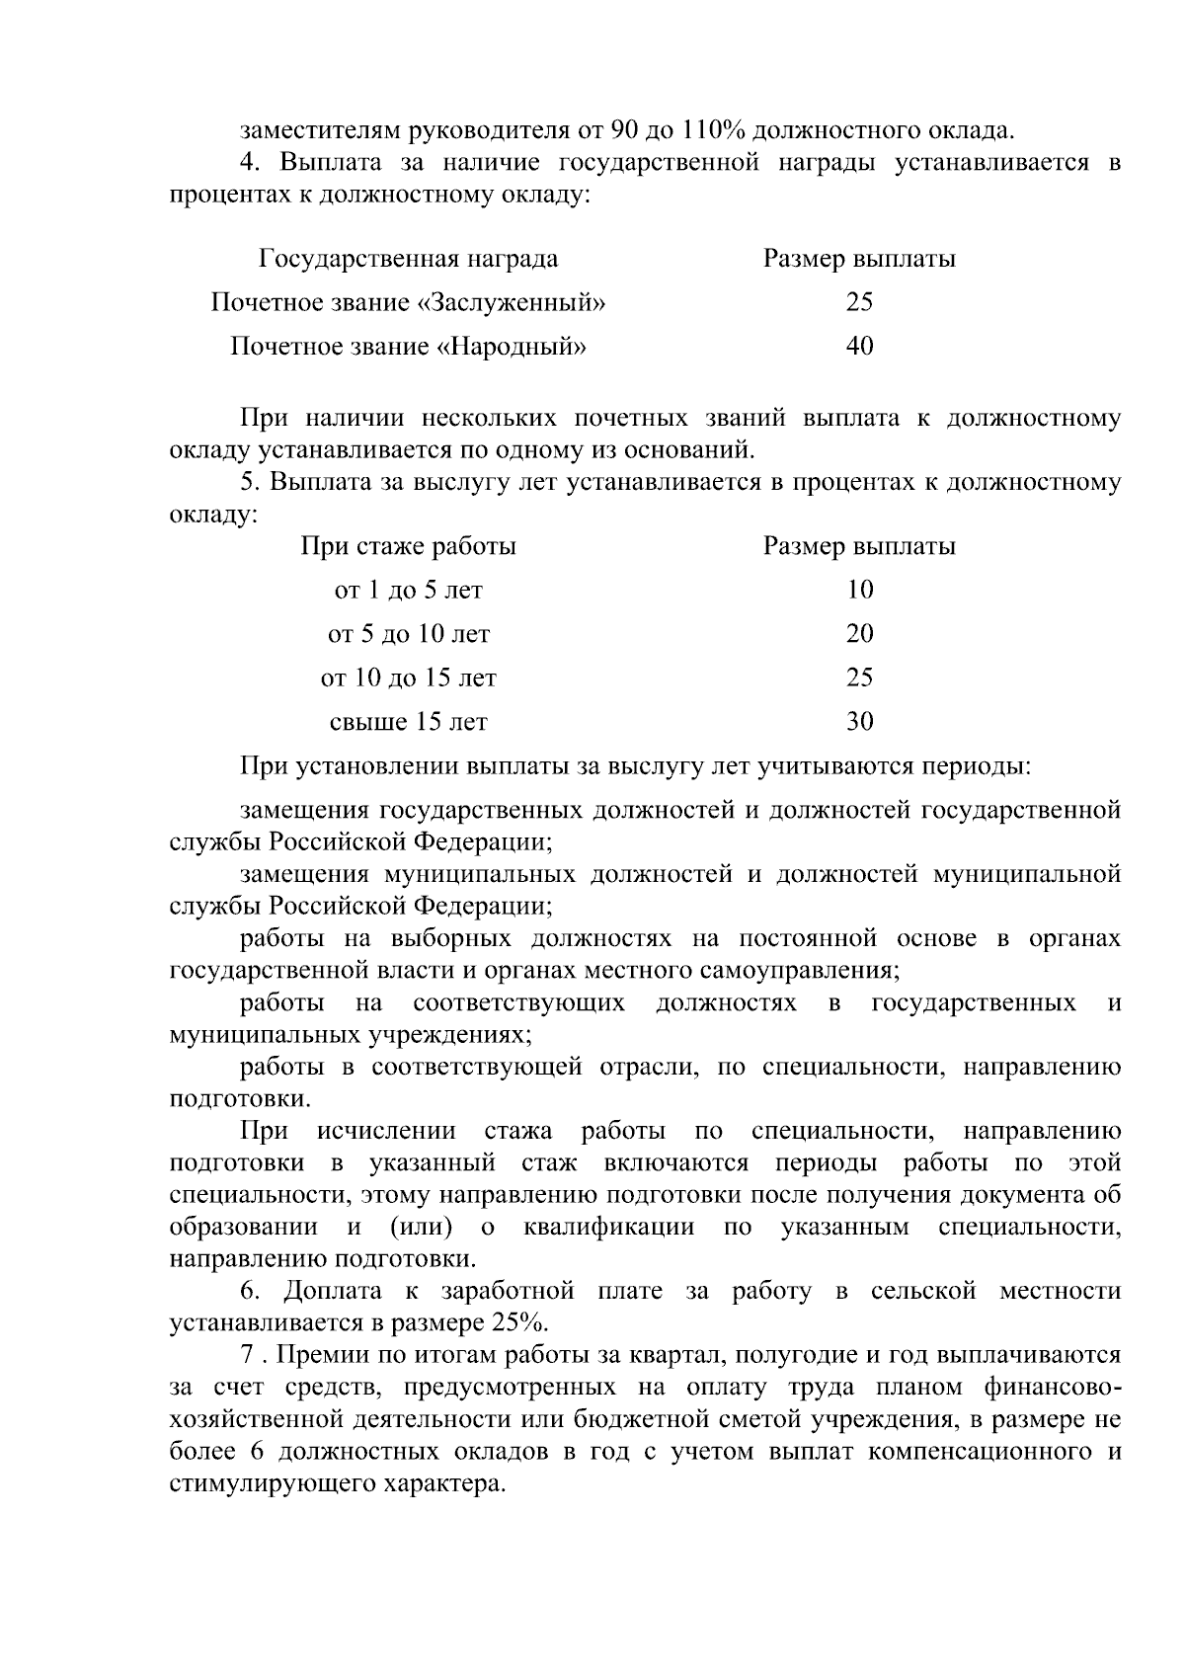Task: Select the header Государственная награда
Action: [408, 259]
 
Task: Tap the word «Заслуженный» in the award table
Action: [513, 302]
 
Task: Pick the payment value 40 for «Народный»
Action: [859, 347]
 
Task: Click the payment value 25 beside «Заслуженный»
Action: [859, 302]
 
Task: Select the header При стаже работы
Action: [408, 546]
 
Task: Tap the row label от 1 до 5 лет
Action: [408, 591]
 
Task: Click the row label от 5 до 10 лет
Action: [408, 634]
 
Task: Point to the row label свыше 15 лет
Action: [408, 722]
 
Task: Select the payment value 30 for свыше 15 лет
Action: [859, 722]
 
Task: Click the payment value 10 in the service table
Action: [859, 591]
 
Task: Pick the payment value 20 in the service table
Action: [859, 634]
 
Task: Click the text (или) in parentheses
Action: [422, 1228]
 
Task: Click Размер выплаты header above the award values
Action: [859, 259]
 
